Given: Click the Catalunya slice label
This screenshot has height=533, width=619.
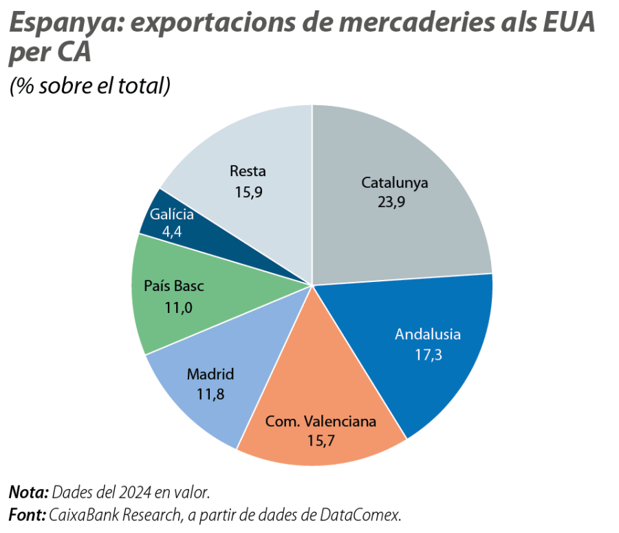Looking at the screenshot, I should point(395,183).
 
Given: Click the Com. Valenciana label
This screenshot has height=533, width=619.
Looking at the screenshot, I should point(321,421).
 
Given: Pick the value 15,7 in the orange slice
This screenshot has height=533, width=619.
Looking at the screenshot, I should point(321,440).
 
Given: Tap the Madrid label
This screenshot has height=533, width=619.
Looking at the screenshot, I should point(210,374).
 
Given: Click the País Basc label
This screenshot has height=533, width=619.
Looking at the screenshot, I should point(174,287).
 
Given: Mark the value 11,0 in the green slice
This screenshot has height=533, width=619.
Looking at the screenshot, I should point(177,307).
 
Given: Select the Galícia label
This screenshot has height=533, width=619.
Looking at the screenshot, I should point(172,215).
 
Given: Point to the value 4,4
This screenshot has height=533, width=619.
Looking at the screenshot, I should point(172,232).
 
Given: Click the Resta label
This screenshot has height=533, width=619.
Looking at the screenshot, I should point(248,171).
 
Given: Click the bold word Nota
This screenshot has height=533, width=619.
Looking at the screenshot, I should point(28,492).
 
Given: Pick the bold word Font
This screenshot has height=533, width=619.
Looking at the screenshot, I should point(26,514).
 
